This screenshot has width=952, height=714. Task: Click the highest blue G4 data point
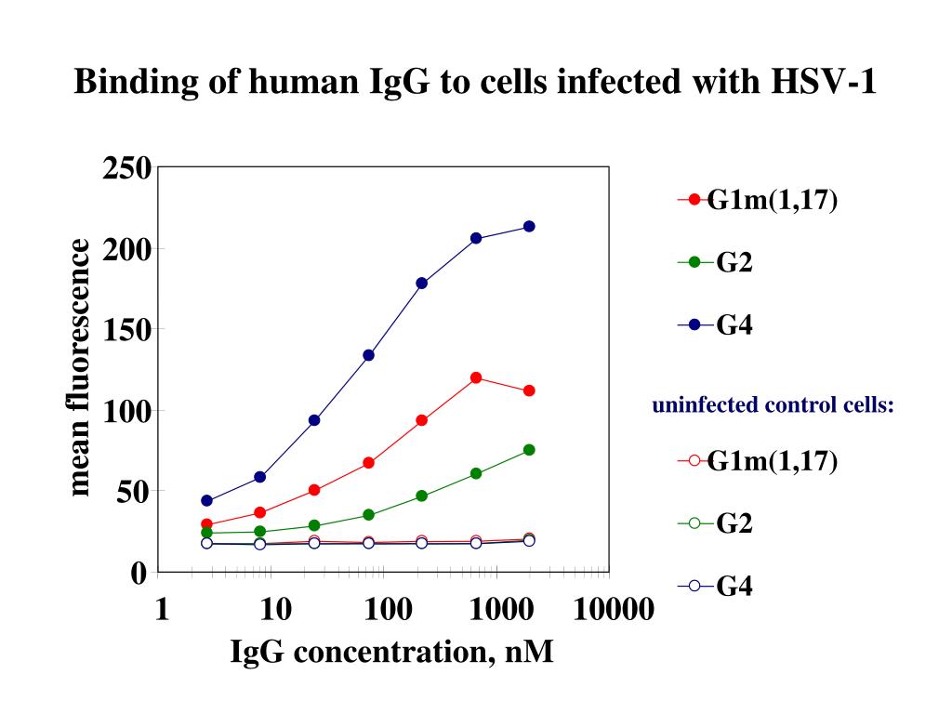pyautogui.click(x=529, y=226)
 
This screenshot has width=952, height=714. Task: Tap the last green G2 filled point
pyautogui.click(x=529, y=450)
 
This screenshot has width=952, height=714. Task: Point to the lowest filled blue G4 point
pyautogui.click(x=206, y=501)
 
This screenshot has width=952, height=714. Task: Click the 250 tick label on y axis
pyautogui.click(x=127, y=169)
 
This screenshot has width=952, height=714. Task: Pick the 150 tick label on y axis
pyautogui.click(x=127, y=330)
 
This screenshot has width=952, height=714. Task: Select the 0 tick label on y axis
pyautogui.click(x=139, y=572)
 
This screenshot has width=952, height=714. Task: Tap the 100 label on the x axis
pyautogui.click(x=389, y=610)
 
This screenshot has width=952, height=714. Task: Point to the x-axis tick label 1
pyautogui.click(x=163, y=610)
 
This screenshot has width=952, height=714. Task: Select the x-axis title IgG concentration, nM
pyautogui.click(x=391, y=652)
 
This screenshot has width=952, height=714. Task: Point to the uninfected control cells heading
pyautogui.click(x=773, y=405)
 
